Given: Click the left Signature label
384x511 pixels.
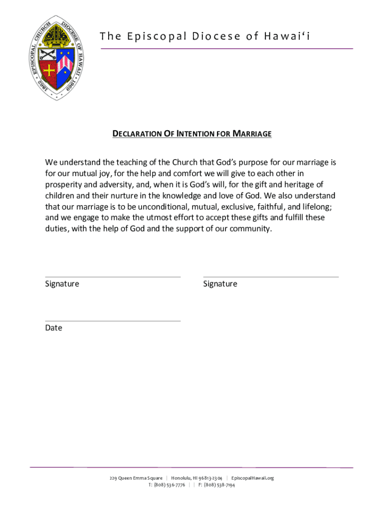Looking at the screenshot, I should click(x=62, y=284).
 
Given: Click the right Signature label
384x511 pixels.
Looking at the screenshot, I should click(x=220, y=284).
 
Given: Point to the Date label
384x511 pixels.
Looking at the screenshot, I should click(x=53, y=328).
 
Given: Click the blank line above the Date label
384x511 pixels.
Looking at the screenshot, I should click(x=113, y=321).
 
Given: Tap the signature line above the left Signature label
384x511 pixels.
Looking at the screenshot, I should click(x=113, y=277).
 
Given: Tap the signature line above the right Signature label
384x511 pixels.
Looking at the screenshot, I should click(x=271, y=277).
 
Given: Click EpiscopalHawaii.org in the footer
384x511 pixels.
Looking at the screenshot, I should click(x=253, y=478).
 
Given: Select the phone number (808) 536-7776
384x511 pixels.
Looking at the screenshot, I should click(x=170, y=485).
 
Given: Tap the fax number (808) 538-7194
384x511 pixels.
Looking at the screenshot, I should click(x=219, y=485).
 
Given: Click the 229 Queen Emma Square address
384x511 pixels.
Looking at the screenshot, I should click(x=136, y=478).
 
